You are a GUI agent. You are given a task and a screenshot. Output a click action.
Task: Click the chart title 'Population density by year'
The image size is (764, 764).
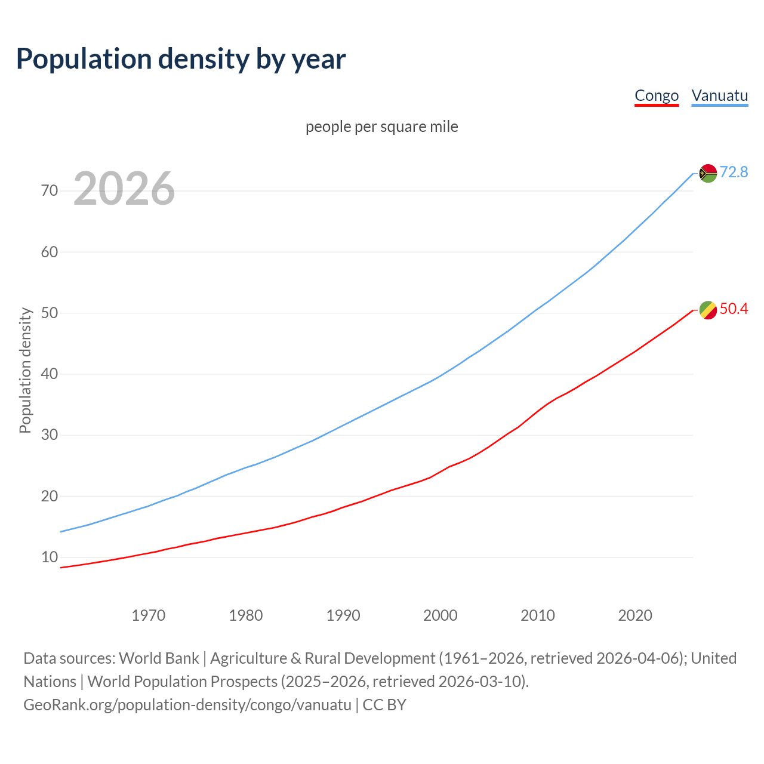(181, 59)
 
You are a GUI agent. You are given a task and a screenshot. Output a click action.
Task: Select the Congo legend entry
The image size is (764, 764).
(657, 95)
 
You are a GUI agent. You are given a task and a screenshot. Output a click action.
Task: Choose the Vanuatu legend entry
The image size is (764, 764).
(719, 95)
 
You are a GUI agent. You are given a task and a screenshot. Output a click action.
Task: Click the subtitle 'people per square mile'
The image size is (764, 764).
(381, 127)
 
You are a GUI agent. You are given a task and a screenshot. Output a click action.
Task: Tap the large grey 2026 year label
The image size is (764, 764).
(124, 189)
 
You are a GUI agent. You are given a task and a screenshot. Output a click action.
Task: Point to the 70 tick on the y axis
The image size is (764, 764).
(50, 191)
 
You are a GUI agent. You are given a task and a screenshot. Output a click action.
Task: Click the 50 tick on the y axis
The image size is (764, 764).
(50, 313)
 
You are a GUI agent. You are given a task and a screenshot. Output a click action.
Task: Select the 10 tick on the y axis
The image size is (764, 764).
(50, 557)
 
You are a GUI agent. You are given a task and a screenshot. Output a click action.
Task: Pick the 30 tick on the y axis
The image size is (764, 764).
(50, 435)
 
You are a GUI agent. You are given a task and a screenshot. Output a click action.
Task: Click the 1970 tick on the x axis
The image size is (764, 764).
(148, 615)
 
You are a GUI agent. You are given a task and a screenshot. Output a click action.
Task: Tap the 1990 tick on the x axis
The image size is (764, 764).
(343, 615)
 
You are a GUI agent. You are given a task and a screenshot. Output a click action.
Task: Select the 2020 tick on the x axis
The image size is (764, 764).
(635, 615)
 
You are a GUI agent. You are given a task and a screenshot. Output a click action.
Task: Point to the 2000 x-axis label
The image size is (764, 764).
(440, 615)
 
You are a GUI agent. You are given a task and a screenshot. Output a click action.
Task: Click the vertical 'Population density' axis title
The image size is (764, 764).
(25, 370)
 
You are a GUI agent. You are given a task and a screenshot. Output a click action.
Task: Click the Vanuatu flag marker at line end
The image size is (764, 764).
(708, 173)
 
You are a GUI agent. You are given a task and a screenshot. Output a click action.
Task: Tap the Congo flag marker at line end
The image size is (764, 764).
(708, 310)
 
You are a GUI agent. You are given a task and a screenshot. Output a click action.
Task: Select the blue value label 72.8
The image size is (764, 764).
(734, 172)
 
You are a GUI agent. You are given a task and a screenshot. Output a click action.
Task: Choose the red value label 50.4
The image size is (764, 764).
(734, 309)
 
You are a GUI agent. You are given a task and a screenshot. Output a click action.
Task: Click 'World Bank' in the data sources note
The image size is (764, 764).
(159, 658)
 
